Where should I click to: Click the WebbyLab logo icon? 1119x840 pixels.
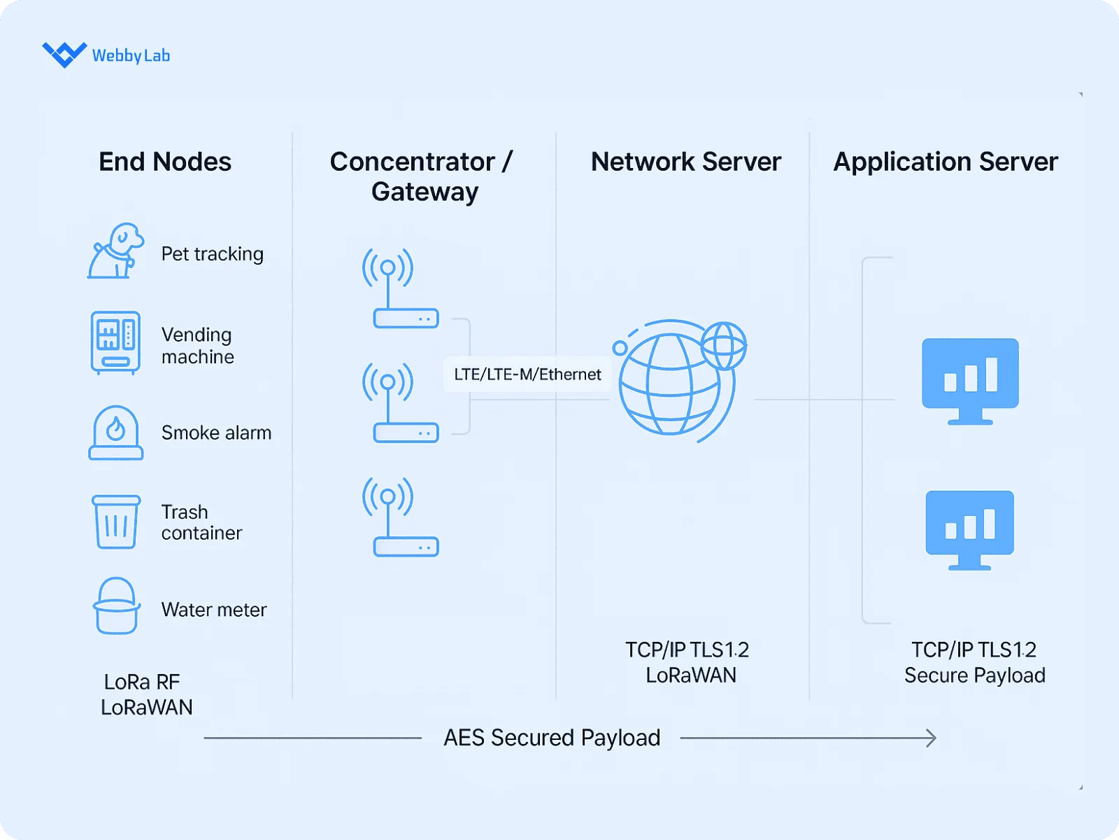click(x=64, y=54)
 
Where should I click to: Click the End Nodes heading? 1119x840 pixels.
click(x=165, y=162)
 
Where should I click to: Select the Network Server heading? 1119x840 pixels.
click(x=685, y=162)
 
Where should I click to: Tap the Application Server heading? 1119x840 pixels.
click(x=946, y=162)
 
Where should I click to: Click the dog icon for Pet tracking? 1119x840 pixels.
click(x=115, y=251)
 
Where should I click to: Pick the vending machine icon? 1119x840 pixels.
click(x=115, y=342)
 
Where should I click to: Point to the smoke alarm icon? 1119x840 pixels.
click(x=116, y=433)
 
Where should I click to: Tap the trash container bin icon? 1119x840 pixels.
click(x=116, y=521)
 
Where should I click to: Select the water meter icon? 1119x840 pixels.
click(x=116, y=606)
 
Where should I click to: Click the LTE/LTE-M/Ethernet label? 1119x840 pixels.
click(x=527, y=374)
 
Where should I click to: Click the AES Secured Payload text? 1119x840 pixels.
click(x=552, y=738)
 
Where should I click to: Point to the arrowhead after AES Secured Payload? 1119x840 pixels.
click(x=932, y=738)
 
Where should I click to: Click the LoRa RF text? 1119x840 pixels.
click(x=142, y=682)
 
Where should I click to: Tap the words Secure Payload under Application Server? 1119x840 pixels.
click(x=974, y=675)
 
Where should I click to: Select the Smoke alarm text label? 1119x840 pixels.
click(x=216, y=433)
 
